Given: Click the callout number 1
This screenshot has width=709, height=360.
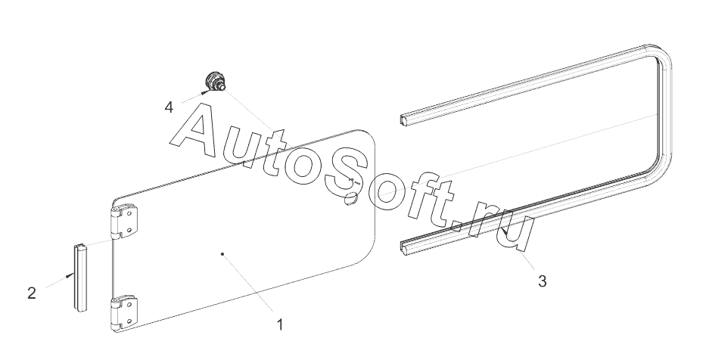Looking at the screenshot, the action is (x=280, y=325).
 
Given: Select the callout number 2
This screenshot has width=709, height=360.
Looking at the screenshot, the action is (x=32, y=293).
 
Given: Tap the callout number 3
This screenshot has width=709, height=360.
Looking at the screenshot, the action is (x=543, y=281).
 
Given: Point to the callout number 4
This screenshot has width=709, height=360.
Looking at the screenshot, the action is (x=169, y=107).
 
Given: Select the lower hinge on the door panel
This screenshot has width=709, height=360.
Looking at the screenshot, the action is (x=124, y=312).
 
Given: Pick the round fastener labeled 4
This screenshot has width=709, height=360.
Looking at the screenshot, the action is (x=215, y=81).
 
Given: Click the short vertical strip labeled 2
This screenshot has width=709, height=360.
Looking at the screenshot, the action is (x=80, y=276).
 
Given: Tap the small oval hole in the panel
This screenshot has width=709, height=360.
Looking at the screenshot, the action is (x=350, y=200).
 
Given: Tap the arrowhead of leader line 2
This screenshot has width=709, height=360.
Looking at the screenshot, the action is (x=70, y=275).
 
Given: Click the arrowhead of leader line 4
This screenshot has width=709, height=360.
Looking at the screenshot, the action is (x=204, y=92).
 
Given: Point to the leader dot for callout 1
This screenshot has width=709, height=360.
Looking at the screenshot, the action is (x=222, y=255).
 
